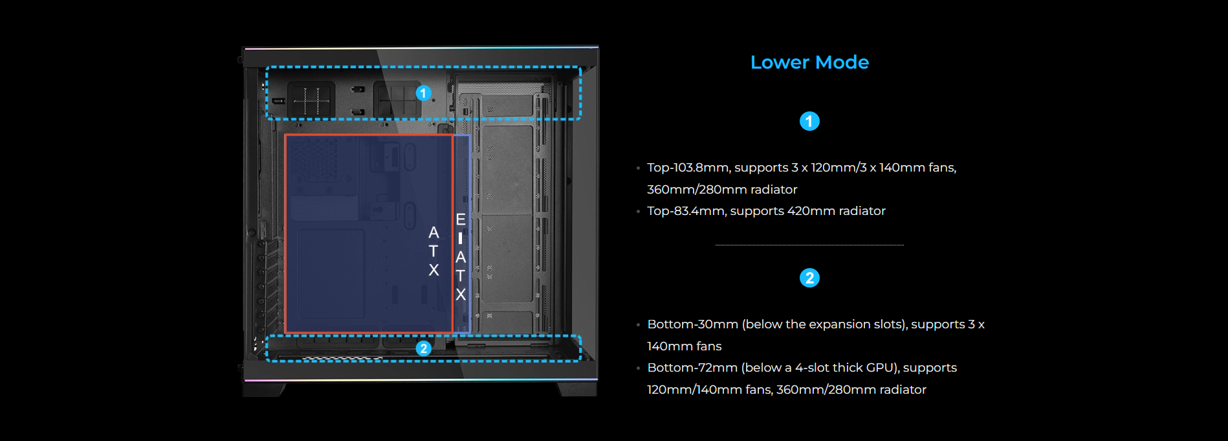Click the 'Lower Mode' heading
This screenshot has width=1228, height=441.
(x=809, y=62)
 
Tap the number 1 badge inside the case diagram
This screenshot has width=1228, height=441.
(x=423, y=93)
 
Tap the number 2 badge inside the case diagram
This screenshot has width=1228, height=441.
(x=423, y=348)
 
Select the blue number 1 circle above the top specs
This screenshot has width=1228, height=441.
(x=809, y=121)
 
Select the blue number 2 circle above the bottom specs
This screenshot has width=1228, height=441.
(x=809, y=278)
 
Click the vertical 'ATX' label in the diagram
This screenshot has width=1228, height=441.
(x=433, y=251)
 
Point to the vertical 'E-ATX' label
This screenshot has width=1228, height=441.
(x=460, y=257)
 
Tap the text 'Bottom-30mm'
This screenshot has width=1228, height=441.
(x=692, y=324)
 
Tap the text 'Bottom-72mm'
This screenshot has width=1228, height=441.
(x=692, y=368)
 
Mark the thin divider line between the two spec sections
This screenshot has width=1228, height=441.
(x=809, y=245)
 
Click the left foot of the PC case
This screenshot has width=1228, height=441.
(x=264, y=389)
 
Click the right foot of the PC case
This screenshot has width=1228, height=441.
(x=577, y=389)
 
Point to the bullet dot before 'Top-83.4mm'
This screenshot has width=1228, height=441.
(x=638, y=212)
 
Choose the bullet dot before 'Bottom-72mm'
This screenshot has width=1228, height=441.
(x=638, y=368)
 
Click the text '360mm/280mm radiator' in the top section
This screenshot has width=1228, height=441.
(x=722, y=190)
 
